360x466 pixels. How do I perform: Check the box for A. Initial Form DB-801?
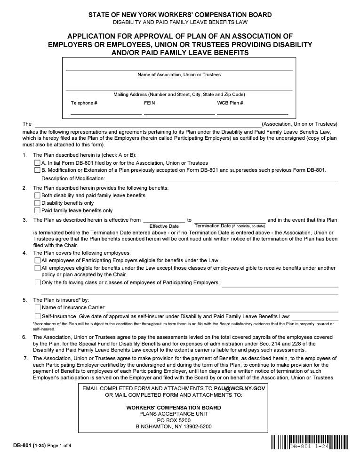pos(37,163)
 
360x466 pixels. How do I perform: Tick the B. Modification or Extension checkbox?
pos(37,170)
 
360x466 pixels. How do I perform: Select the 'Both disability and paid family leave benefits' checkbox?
pos(37,195)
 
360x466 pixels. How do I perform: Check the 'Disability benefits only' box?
pos(37,203)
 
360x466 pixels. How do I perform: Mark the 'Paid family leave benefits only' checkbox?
pos(37,210)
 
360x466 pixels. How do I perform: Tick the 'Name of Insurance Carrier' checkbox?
pos(38,307)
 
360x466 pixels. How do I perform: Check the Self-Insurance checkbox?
pos(38,316)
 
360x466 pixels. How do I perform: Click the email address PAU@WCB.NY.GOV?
pos(240,388)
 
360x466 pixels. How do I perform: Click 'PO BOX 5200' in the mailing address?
pos(174,420)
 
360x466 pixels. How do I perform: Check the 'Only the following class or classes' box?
pos(38,282)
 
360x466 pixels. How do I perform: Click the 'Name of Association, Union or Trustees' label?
pos(179,75)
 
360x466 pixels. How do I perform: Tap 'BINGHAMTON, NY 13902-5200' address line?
pos(174,427)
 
